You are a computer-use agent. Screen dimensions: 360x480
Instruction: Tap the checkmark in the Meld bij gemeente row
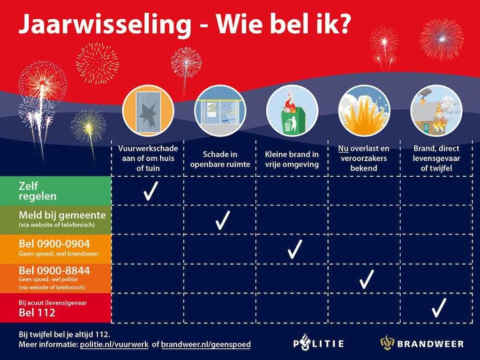point(222,220)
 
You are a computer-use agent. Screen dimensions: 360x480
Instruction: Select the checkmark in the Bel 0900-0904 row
point(294,249)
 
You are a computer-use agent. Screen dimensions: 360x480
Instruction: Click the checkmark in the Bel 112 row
point(438,307)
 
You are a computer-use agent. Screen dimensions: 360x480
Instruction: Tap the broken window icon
point(148,111)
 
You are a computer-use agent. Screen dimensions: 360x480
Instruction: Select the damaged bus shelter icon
point(220,111)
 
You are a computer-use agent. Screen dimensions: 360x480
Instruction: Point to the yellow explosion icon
point(364,111)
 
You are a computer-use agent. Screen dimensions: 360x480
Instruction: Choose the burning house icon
point(436,111)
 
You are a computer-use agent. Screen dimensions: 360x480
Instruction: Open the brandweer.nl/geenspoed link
point(206,345)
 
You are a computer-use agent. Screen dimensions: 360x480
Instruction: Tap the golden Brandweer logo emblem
point(387,343)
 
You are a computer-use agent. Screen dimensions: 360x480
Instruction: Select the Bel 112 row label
point(37,312)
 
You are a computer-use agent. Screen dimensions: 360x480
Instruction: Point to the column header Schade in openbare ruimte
point(220,159)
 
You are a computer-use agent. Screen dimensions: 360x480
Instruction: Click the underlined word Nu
point(343,149)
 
